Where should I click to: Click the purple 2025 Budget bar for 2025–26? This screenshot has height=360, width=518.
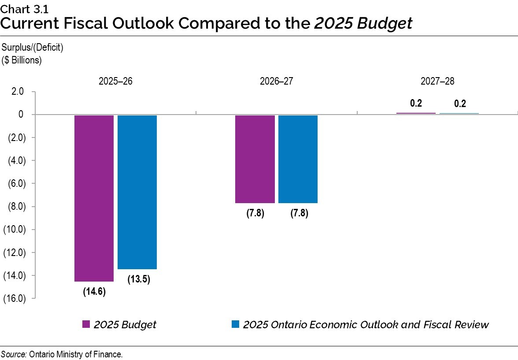point(94,198)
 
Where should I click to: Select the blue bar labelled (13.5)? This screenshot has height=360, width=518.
point(137,192)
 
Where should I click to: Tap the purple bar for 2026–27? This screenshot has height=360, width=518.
point(255,159)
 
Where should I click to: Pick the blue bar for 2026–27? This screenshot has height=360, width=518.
point(298,159)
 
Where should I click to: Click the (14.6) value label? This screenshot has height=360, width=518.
point(94,292)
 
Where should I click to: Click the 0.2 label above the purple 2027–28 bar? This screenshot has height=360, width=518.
point(416,104)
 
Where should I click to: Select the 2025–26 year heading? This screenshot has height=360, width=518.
point(115,82)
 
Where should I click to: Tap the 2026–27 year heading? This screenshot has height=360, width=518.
point(277,82)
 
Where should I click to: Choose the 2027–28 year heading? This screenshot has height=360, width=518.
point(437,82)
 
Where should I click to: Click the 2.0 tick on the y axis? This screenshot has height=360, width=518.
point(18,92)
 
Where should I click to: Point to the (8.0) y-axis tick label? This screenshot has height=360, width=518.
point(15,207)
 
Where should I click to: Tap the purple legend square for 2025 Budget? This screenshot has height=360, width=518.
point(86,325)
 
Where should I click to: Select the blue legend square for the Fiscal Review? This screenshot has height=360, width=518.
point(235,325)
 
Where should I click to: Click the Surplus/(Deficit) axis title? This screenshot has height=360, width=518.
point(33,48)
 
